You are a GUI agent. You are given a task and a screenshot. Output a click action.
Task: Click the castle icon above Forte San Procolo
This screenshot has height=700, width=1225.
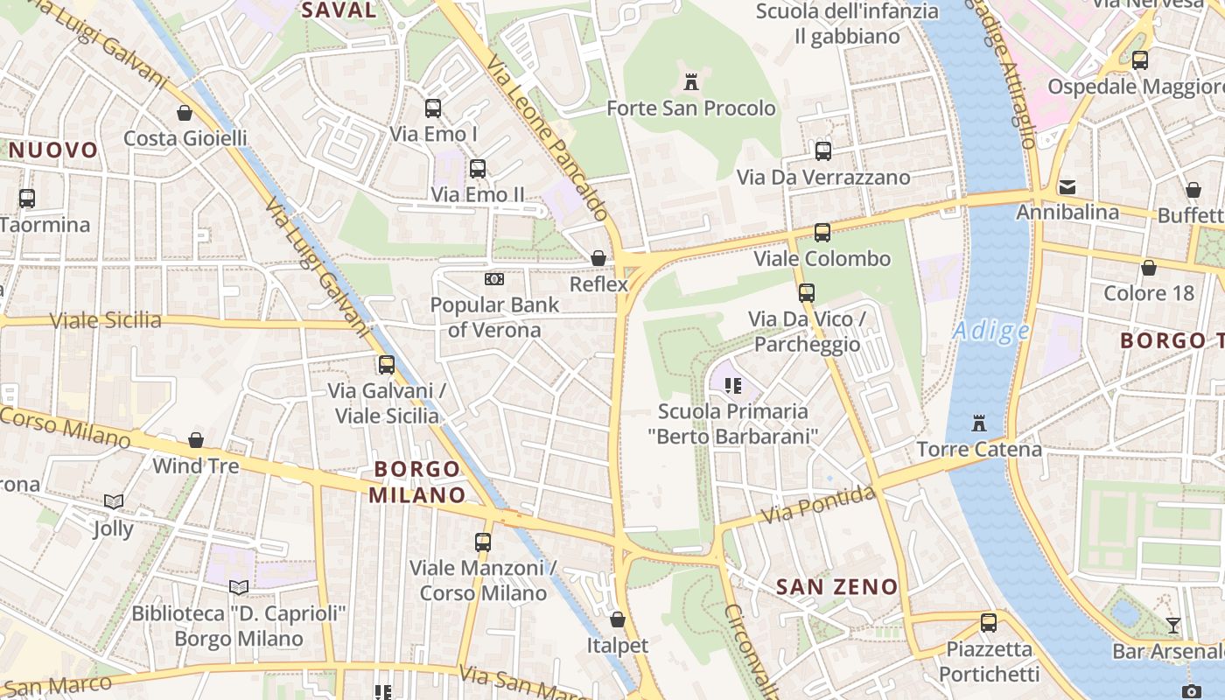click(691, 83)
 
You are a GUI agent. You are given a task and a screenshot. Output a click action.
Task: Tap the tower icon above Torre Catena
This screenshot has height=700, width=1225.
click(978, 424)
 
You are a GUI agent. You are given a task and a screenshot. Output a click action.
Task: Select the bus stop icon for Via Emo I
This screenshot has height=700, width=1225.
click(433, 108)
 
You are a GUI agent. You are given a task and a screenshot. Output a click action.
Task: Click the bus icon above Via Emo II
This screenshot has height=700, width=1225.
click(478, 169)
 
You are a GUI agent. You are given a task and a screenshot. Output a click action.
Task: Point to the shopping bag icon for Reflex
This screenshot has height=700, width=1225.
click(598, 258)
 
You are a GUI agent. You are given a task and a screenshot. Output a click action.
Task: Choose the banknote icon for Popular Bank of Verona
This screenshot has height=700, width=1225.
click(494, 279)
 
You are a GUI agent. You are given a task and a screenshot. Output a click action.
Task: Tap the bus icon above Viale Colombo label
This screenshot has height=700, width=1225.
click(822, 233)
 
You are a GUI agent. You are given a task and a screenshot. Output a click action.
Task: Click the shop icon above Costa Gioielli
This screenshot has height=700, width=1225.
click(185, 113)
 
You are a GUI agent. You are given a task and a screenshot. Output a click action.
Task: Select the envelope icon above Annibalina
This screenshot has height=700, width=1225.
click(1067, 187)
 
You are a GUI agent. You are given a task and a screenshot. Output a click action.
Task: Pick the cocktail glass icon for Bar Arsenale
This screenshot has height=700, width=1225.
click(1172, 626)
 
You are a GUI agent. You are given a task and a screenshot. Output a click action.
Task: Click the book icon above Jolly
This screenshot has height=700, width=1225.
click(113, 502)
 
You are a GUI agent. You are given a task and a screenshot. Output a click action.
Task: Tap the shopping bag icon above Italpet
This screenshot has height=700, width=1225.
click(618, 619)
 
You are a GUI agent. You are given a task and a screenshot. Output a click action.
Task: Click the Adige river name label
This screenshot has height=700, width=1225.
click(991, 331)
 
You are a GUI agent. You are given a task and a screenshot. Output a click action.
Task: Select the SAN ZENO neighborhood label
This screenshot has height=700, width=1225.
click(837, 587)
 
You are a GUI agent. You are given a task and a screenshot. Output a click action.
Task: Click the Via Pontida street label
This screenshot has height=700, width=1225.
click(817, 506)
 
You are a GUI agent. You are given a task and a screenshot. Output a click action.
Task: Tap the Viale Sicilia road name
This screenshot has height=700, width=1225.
click(106, 320)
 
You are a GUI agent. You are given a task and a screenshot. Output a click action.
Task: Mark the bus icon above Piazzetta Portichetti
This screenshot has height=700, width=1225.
click(989, 623)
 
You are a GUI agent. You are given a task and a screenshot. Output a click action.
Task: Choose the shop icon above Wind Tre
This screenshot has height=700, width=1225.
click(196, 440)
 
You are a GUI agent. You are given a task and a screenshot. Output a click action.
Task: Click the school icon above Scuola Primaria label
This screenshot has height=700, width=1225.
click(733, 385)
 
